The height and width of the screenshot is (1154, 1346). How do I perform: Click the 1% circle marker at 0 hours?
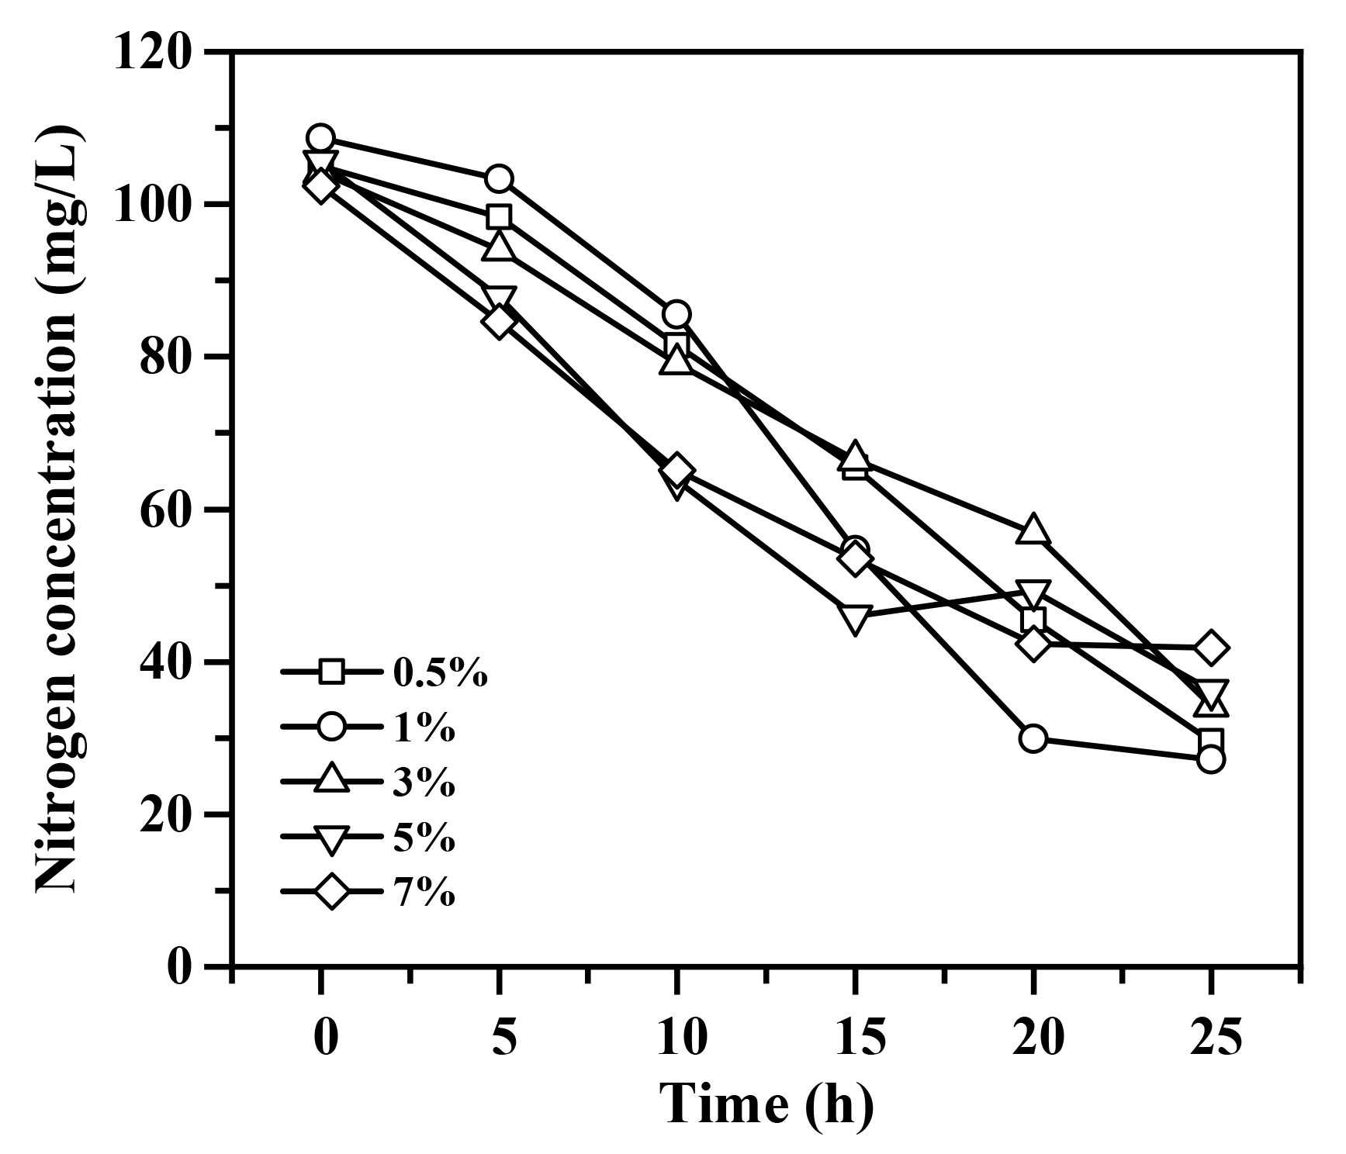coord(320,138)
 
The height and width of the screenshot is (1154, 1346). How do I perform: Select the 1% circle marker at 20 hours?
coord(1033,738)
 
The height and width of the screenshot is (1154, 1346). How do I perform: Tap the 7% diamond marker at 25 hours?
coord(1210,648)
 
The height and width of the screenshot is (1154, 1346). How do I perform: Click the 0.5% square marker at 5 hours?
coord(499,216)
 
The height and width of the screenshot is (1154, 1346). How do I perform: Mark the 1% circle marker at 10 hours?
coord(676,314)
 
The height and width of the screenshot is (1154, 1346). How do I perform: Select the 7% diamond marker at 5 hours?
coord(499,321)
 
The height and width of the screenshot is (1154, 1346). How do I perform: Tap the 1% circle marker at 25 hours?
coord(1210,759)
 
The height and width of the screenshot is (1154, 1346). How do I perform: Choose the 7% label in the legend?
coord(424,893)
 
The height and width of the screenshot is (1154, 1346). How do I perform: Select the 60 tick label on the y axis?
coord(165,510)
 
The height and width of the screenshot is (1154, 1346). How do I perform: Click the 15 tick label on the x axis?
coord(860,1037)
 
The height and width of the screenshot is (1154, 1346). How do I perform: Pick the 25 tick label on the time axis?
coord(1216,1037)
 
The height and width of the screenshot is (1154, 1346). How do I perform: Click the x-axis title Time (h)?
coord(766,1104)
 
